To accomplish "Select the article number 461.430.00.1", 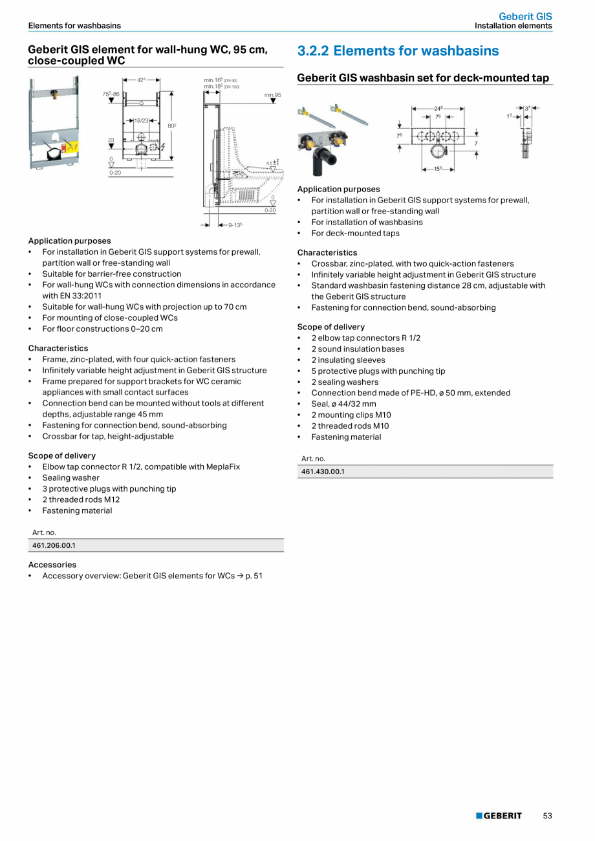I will tap(323, 472).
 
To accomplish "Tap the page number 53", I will tap(547, 816).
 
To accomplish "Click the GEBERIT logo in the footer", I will tap(499, 816).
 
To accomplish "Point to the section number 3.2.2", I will tap(312, 51).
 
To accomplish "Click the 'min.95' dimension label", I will tap(272, 95).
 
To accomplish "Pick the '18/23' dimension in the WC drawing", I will tap(141, 120).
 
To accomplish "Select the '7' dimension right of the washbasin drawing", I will tap(476, 143).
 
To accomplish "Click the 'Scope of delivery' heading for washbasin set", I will tap(330, 327).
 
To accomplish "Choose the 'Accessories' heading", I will tap(52, 565).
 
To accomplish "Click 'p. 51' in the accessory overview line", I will tap(254, 576).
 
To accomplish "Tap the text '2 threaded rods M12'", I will tap(81, 499).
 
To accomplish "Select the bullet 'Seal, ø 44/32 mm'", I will tap(343, 404).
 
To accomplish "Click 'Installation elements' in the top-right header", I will tap(513, 26).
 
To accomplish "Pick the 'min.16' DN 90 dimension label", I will tap(221, 80).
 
